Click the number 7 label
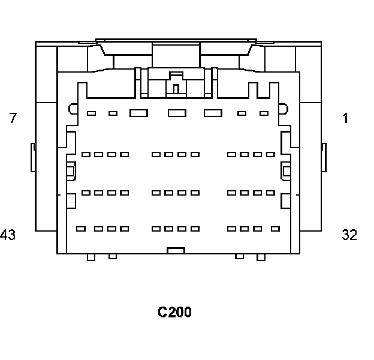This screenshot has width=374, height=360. [13, 118]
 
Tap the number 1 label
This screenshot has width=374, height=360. [346, 118]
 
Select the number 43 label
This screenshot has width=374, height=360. [8, 235]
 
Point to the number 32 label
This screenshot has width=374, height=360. [349, 235]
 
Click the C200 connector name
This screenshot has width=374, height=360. [174, 312]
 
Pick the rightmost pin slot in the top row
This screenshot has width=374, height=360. [264, 113]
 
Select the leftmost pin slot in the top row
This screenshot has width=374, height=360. [92, 113]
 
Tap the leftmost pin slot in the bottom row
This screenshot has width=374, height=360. [81, 229]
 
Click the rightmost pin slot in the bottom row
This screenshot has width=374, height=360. [275, 229]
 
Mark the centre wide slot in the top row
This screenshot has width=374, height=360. [177, 113]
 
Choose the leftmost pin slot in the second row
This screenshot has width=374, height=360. [86, 154]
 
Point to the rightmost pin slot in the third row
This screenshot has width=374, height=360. [270, 193]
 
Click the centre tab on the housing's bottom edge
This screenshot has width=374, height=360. [176, 250]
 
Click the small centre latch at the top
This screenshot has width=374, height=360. [176, 88]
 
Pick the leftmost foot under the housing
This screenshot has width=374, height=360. [91, 257]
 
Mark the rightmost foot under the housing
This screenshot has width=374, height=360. [261, 257]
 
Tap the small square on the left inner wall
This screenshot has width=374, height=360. [70, 171]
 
